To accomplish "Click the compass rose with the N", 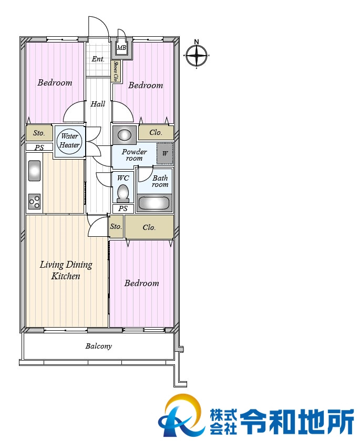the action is [x=197, y=55].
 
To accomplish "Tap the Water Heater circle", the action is [x=69, y=141].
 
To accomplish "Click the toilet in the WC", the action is [x=123, y=193].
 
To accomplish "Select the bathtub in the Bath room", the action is [x=154, y=203].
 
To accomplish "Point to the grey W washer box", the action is [x=165, y=153].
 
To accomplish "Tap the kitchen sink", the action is [x=34, y=171].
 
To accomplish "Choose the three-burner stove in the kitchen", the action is [x=34, y=202].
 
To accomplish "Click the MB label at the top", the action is [x=121, y=48].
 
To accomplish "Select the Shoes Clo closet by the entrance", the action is [x=116, y=71].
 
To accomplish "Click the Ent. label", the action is [x=98, y=59].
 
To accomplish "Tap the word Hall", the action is [x=98, y=104].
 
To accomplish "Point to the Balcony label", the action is [x=98, y=346].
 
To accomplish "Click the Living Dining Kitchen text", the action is [x=66, y=270].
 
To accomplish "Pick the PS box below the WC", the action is [x=123, y=209].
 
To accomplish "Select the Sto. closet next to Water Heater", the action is [x=39, y=133].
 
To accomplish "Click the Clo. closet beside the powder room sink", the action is [x=156, y=132].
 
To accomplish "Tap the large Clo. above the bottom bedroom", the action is [x=149, y=227].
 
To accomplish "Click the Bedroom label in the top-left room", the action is [x=55, y=83].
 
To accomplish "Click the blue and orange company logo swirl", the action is [x=181, y=416].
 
